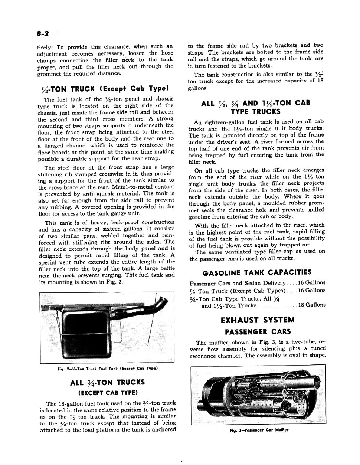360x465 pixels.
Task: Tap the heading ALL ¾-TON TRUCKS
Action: point(107,383)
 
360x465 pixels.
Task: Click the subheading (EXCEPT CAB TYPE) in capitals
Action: point(108,392)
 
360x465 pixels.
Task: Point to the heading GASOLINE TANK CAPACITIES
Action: point(257,273)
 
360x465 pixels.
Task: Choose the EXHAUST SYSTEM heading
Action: point(258,320)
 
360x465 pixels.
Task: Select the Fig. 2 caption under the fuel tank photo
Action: point(108,369)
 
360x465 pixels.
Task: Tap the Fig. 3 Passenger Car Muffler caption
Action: point(258,430)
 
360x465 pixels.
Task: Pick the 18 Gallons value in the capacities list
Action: point(312,305)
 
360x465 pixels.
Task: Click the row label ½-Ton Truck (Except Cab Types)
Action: point(237,291)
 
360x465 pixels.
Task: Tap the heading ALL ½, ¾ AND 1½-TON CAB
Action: point(255,103)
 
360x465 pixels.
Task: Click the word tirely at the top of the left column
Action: point(45,47)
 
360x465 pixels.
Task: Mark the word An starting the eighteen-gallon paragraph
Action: point(198,122)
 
